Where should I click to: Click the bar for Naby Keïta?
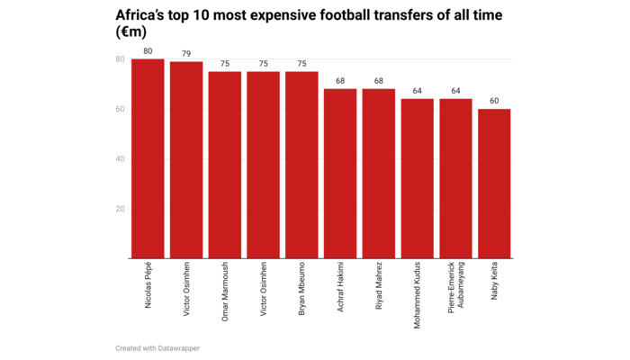494,184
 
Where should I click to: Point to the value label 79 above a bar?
186,54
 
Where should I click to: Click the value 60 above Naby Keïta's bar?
494,102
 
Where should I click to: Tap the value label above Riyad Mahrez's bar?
379,82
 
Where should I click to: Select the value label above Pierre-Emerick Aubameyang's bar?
455,92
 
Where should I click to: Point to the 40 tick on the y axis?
120,159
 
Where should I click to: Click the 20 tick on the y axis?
120,209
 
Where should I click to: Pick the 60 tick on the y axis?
120,109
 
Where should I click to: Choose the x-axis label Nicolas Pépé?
148,287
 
